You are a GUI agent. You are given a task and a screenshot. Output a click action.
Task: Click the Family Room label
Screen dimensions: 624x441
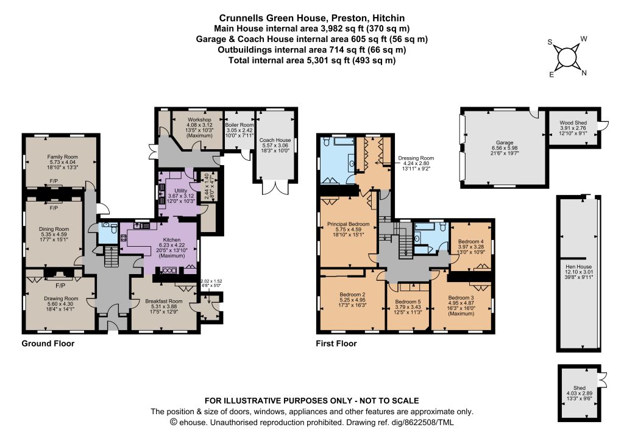pyautogui.click(x=63, y=157)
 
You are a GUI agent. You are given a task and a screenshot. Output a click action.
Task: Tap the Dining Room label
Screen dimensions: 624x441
pyautogui.click(x=54, y=229)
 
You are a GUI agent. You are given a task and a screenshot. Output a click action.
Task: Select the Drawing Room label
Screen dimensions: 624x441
pyautogui.click(x=61, y=298)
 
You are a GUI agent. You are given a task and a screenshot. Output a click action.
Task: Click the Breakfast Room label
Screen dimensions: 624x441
pyautogui.click(x=163, y=302)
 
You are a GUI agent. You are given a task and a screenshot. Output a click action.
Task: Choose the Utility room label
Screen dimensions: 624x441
pyautogui.click(x=180, y=191)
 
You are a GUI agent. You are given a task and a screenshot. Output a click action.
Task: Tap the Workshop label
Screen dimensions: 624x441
pyautogui.click(x=199, y=120)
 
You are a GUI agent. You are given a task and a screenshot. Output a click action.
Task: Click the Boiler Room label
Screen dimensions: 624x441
pyautogui.click(x=239, y=125)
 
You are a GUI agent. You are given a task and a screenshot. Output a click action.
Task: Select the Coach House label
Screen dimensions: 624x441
pyautogui.click(x=275, y=140)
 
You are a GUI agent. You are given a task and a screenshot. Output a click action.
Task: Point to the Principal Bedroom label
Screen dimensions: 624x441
pyautogui.click(x=348, y=224)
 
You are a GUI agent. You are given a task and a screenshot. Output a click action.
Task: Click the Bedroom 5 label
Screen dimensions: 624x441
pyautogui.click(x=408, y=302)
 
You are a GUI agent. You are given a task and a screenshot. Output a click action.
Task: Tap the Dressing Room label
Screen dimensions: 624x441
pyautogui.click(x=416, y=158)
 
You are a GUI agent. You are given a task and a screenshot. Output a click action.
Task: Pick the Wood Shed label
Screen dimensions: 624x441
pyautogui.click(x=573, y=123)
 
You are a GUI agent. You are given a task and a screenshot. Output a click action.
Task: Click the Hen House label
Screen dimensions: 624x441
pyautogui.click(x=579, y=267)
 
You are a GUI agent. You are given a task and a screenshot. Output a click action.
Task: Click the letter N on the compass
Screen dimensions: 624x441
pyautogui.click(x=584, y=72)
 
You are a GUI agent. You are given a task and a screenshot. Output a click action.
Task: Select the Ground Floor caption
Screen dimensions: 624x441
pyautogui.click(x=48, y=344)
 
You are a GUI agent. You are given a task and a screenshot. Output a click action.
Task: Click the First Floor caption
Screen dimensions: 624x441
pyautogui.click(x=336, y=344)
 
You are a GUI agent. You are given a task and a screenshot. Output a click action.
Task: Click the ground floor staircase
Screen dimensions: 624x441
pyautogui.click(x=110, y=256)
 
